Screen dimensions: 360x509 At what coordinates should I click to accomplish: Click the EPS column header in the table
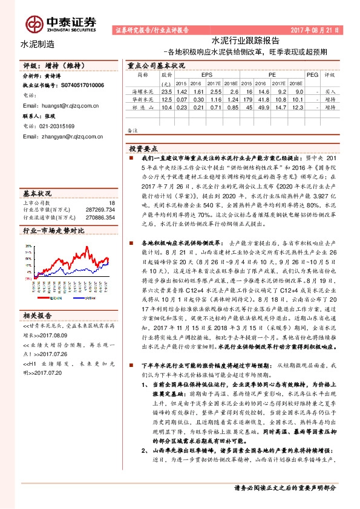[x=198, y=74]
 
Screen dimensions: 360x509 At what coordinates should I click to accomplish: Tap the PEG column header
[x=312, y=74]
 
